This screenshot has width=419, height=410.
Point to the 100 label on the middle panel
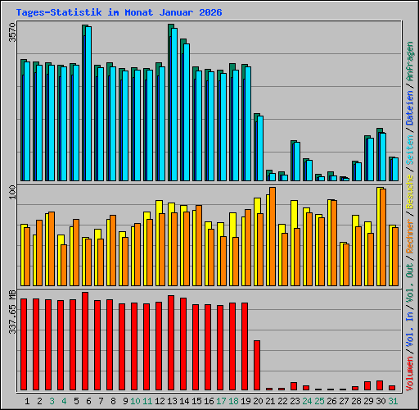(x=11, y=192)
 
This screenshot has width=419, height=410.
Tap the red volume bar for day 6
(x=85, y=341)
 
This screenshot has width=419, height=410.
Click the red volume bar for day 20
(x=257, y=365)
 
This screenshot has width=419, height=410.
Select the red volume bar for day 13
(x=171, y=343)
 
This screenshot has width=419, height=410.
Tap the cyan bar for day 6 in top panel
(x=88, y=103)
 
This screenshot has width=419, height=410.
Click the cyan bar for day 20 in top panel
(x=260, y=148)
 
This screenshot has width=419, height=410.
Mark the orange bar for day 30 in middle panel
(x=383, y=237)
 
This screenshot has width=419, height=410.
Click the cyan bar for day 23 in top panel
(x=297, y=162)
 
